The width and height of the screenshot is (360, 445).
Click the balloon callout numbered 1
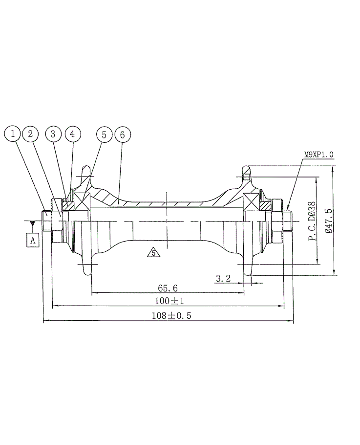point(13,133)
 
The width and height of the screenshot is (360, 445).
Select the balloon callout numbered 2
point(30,133)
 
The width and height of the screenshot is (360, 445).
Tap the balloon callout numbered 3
point(54,133)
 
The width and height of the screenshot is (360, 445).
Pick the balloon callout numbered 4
point(72,133)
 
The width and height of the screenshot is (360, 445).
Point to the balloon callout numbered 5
point(105,133)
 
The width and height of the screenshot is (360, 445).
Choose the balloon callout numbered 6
point(123,133)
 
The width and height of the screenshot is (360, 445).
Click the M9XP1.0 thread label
point(318,155)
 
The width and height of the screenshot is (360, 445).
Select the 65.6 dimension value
point(168,288)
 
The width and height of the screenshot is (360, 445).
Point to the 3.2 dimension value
point(223,278)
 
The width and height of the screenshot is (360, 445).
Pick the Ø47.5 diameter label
point(328,221)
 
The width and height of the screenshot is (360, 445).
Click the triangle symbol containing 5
point(153,253)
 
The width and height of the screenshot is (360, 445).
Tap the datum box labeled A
point(33,240)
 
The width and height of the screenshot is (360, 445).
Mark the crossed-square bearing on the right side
point(252,201)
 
